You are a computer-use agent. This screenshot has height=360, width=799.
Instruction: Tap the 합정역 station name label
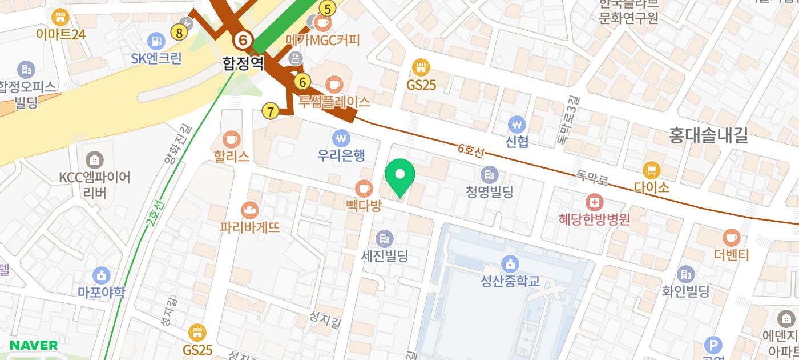pos(243,62)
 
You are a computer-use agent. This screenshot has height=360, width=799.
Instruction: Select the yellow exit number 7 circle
pos(271,111)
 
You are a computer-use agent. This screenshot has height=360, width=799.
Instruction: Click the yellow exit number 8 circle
pos(179,33)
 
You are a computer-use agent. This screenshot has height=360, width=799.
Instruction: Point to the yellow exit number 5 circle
pos(327,9)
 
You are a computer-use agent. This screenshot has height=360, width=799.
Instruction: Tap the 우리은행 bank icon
pos(341,138)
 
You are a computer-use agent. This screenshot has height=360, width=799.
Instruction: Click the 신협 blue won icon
pos(516,124)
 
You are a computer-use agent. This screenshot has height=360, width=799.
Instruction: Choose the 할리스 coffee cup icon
pos(232,139)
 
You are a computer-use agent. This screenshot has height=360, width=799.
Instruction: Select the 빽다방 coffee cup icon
pos(364,188)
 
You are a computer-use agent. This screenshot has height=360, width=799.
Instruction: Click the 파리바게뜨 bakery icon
pos(250,210)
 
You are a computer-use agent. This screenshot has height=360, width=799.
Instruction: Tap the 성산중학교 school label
pos(510,281)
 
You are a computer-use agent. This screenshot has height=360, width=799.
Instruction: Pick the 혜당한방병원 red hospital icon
pos(595,202)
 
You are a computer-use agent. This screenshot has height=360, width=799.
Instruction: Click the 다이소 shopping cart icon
pos(651,170)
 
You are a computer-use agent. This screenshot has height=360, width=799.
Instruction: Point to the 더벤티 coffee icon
pos(731,238)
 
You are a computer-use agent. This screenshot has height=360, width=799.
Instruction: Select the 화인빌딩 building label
pos(685,291)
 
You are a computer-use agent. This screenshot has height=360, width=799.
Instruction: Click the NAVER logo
pos(34,345)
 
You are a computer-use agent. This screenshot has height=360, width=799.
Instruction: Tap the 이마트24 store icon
pos(60,17)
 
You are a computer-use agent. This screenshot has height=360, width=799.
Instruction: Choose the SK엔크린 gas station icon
pos(156,41)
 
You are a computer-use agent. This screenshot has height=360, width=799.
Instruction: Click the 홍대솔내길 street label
pos(708,135)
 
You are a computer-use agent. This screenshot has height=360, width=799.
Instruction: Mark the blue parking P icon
pos(713,345)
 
